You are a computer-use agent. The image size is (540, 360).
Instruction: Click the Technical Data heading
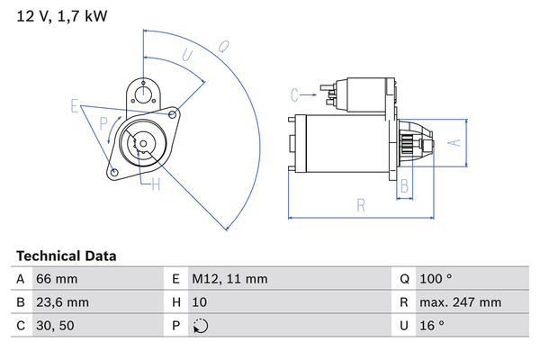[66, 256]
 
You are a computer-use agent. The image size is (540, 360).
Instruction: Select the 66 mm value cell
[57, 279]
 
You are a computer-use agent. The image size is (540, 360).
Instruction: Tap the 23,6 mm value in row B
[62, 302]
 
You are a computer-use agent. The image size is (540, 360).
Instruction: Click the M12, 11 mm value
[229, 279]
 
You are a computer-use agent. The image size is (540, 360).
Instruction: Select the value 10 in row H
[199, 302]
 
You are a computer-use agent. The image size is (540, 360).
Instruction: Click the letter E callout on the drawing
[76, 106]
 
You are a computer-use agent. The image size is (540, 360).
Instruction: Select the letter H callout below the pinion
[155, 185]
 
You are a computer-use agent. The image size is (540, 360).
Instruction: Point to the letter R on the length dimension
[360, 205]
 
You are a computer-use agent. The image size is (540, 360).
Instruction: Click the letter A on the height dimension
[454, 142]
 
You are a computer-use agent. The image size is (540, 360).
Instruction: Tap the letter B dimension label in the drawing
[405, 186]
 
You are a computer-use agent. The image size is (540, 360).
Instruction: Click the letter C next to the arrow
[294, 93]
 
